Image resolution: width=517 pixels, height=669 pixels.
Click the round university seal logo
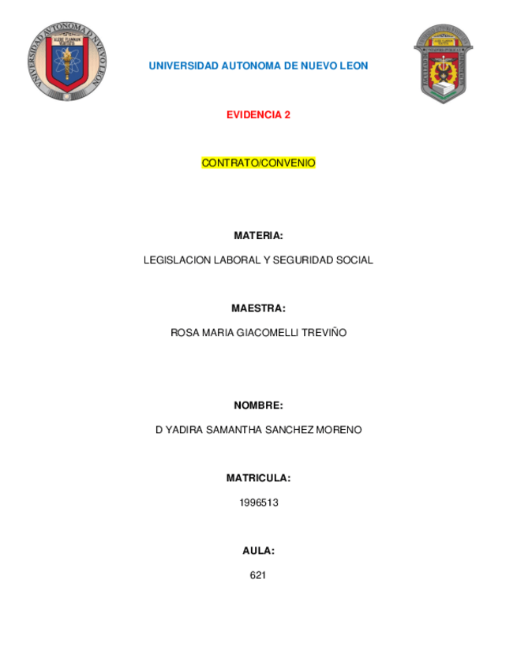coord(66,62)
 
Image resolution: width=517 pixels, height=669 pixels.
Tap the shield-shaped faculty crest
coord(444,64)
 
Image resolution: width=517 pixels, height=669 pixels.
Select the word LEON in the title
coord(354,66)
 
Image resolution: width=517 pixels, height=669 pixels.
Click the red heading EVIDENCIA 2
coord(258,114)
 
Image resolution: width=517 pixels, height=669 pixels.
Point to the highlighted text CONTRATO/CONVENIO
coord(258,163)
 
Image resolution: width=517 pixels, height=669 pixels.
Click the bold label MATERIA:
coord(258,236)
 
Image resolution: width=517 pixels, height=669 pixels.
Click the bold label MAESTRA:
coord(258,308)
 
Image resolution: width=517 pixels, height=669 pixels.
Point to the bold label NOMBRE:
coord(258,406)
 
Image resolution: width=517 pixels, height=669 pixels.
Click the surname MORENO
coord(339,430)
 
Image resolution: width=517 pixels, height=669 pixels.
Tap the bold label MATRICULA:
coord(258,478)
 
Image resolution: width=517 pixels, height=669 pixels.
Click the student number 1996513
coord(258,503)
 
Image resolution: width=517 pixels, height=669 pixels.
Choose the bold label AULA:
coord(258,551)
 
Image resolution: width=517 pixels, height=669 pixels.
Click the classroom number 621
coord(258,575)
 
